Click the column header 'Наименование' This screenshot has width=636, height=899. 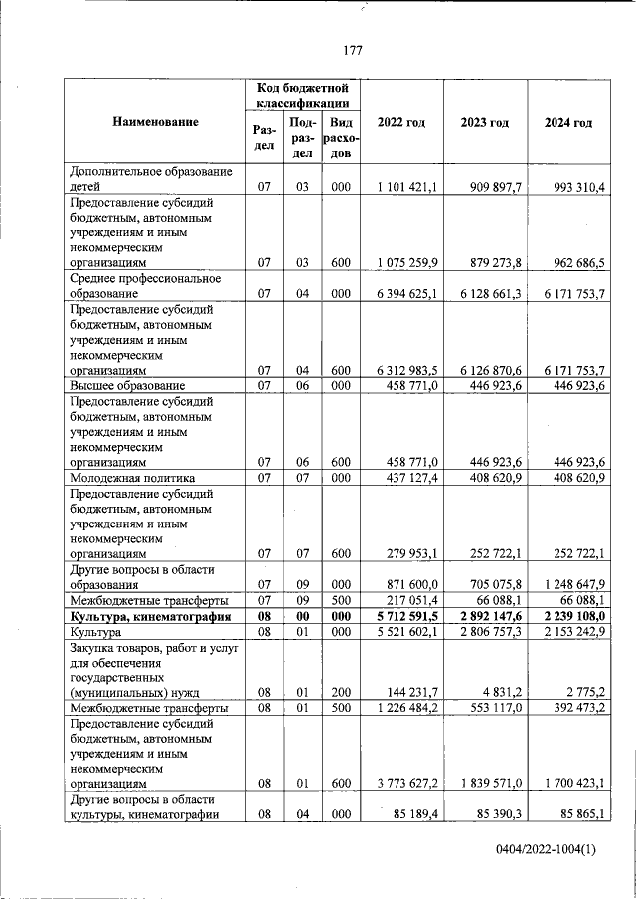point(155,122)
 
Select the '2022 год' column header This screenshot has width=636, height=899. point(401,122)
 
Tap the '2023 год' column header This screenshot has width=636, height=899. point(485,122)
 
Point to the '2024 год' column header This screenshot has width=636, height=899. point(568,122)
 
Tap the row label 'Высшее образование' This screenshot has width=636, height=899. point(126,385)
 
